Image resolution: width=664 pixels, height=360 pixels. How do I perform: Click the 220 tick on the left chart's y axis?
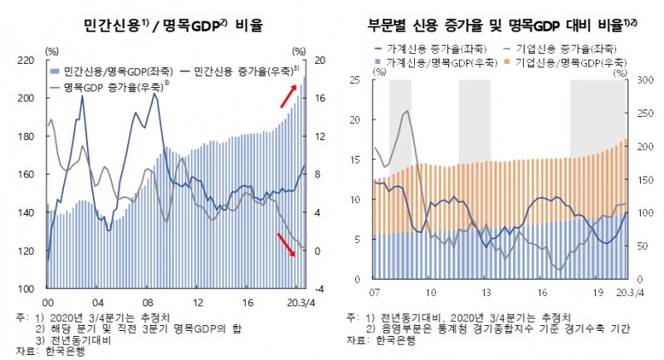(x=27, y=61)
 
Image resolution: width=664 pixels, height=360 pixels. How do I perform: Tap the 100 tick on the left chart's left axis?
(x=27, y=289)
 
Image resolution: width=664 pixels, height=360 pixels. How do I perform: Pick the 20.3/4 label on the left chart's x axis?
(x=295, y=303)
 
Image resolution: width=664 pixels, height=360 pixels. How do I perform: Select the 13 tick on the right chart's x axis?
(x=486, y=292)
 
